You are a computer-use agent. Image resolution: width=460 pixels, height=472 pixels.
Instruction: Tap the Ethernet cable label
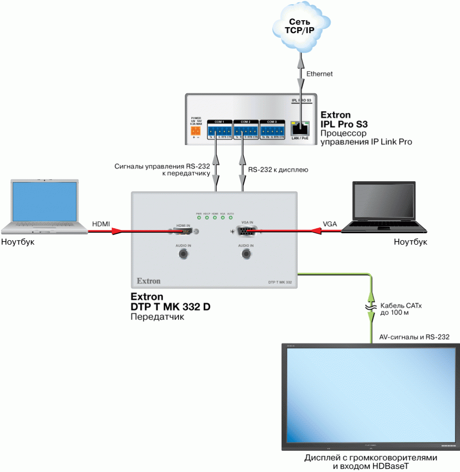319,74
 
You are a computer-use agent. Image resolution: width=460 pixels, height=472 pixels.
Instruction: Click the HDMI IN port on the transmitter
183,231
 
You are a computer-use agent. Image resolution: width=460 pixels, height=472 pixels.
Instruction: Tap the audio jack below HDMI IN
183,254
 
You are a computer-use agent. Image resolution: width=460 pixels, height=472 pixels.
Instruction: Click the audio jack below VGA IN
246,254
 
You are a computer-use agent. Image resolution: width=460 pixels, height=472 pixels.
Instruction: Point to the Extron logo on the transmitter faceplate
148,280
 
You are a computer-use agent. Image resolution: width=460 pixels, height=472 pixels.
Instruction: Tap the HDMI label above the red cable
101,224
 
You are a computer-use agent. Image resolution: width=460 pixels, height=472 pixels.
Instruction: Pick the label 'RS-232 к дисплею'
278,170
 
